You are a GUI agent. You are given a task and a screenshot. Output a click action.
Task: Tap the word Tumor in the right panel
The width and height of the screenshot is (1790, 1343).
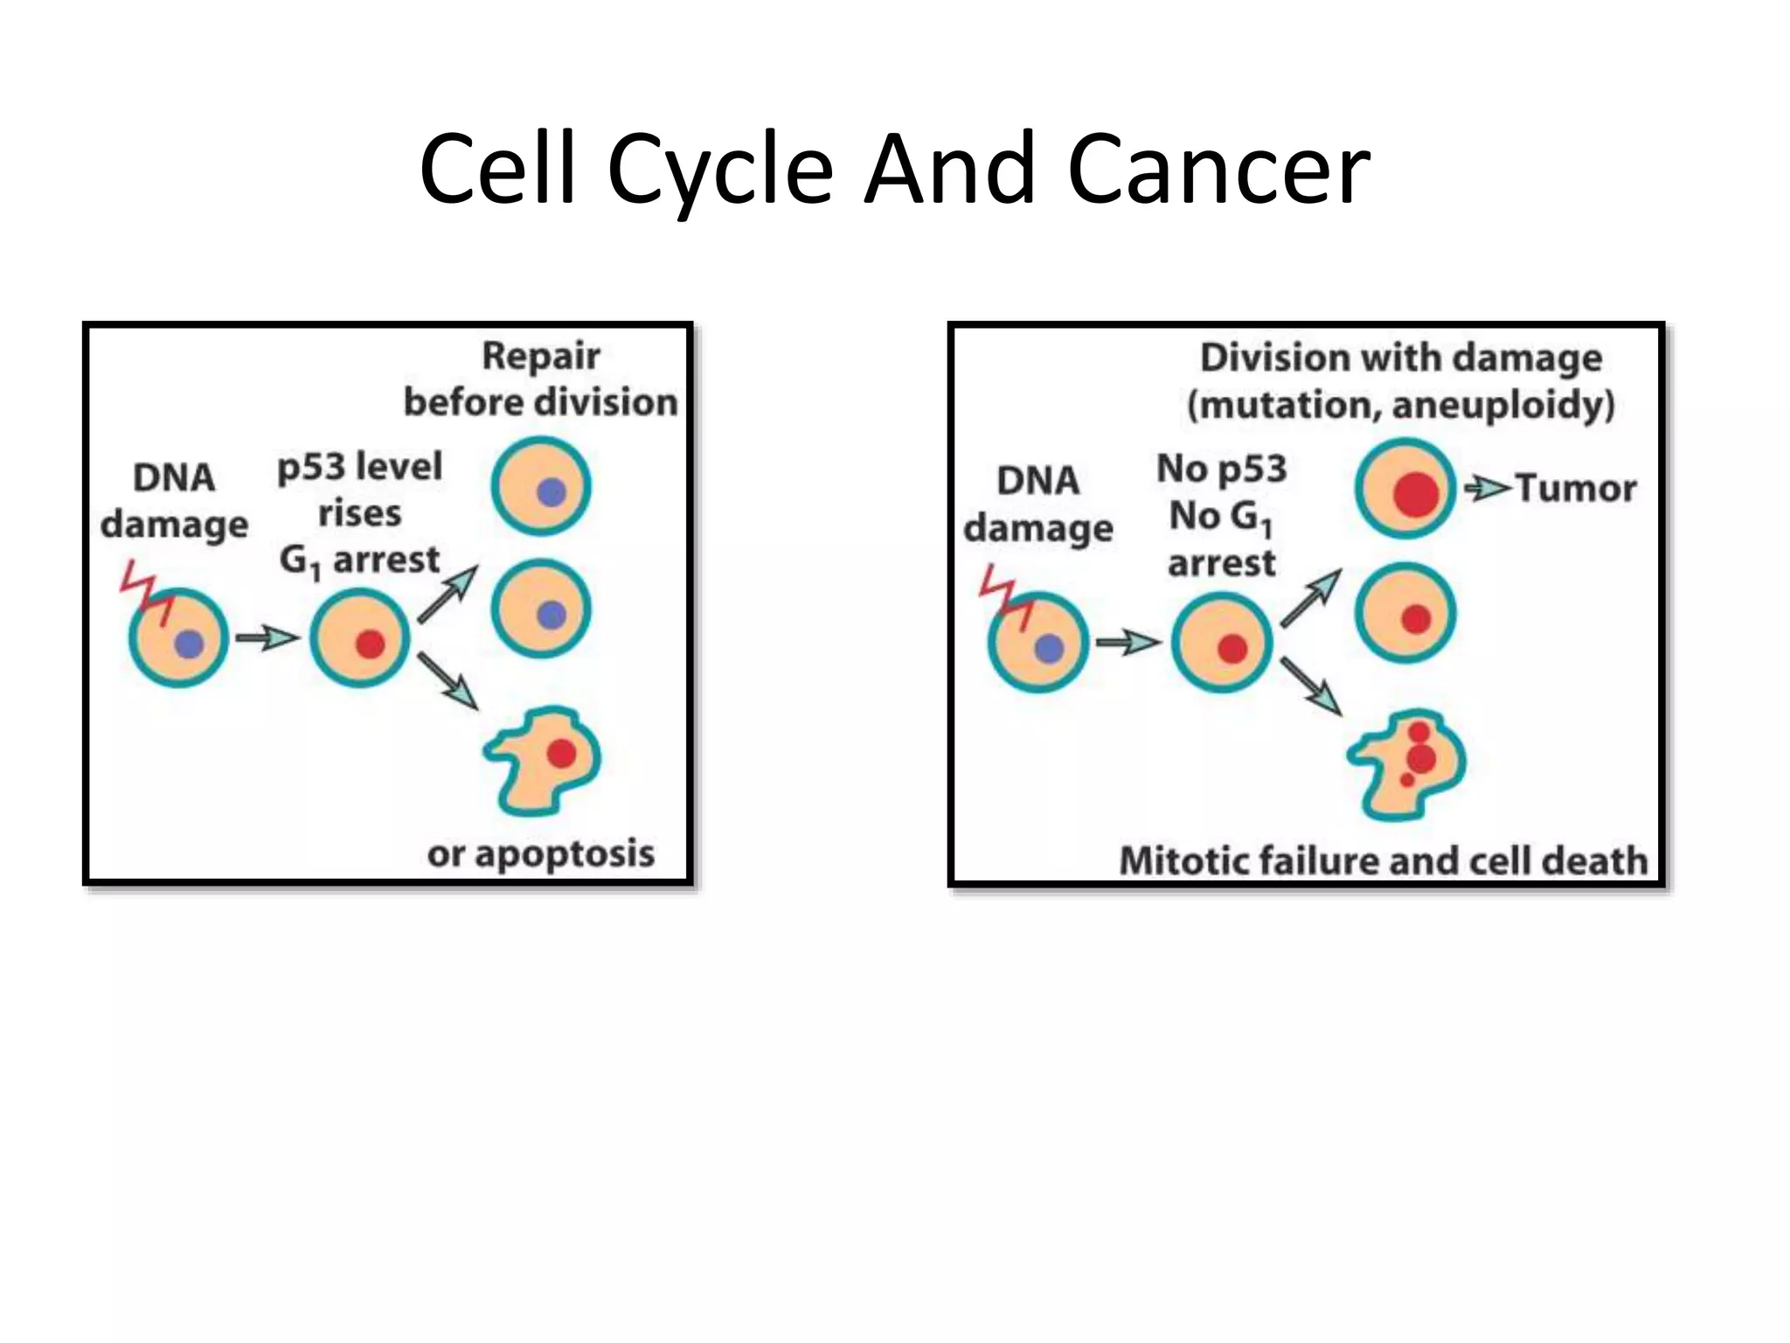point(1575,488)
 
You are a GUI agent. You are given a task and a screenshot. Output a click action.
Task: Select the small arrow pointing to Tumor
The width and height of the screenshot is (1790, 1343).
point(1487,487)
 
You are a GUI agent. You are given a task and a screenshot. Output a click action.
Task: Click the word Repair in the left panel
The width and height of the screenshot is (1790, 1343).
point(541,356)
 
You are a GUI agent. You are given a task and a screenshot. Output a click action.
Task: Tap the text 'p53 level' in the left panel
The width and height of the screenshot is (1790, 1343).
point(360,466)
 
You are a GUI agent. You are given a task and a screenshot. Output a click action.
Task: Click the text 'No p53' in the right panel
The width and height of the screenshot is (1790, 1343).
point(1222,469)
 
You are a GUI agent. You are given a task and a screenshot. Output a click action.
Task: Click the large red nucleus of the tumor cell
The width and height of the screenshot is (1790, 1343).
point(1416,494)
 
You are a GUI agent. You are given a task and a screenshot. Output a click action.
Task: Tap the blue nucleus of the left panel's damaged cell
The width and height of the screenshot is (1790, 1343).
point(189,644)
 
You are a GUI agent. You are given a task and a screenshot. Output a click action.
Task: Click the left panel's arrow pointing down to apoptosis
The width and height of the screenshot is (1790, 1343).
point(447,680)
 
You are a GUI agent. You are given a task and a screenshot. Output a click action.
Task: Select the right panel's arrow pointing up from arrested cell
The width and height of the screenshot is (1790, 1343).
point(1310,598)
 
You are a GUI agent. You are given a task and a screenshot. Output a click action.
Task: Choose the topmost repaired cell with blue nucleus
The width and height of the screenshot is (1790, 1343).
point(541,486)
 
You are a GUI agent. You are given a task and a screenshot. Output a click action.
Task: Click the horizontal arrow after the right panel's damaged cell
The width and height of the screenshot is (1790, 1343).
point(1127,644)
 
